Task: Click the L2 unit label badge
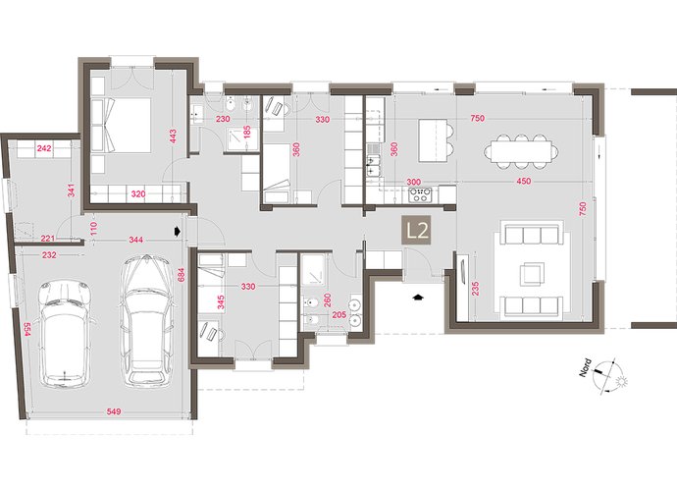tap(416, 231)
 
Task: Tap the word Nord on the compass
tap(586, 368)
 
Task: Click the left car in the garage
tap(65, 333)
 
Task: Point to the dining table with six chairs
tap(521, 151)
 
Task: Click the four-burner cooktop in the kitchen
tap(420, 194)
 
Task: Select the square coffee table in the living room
tap(532, 275)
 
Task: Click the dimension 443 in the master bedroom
tap(173, 137)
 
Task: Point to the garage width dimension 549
tap(114, 411)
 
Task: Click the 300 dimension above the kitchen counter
tap(414, 182)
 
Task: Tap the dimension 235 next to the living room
tap(475, 290)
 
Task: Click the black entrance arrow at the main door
tap(417, 297)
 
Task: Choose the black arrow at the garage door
tap(177, 231)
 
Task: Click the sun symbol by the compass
tap(621, 382)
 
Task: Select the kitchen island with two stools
tap(436, 140)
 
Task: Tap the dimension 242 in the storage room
tap(44, 148)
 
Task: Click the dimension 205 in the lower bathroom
tap(339, 315)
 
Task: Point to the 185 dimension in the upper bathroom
tap(247, 133)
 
